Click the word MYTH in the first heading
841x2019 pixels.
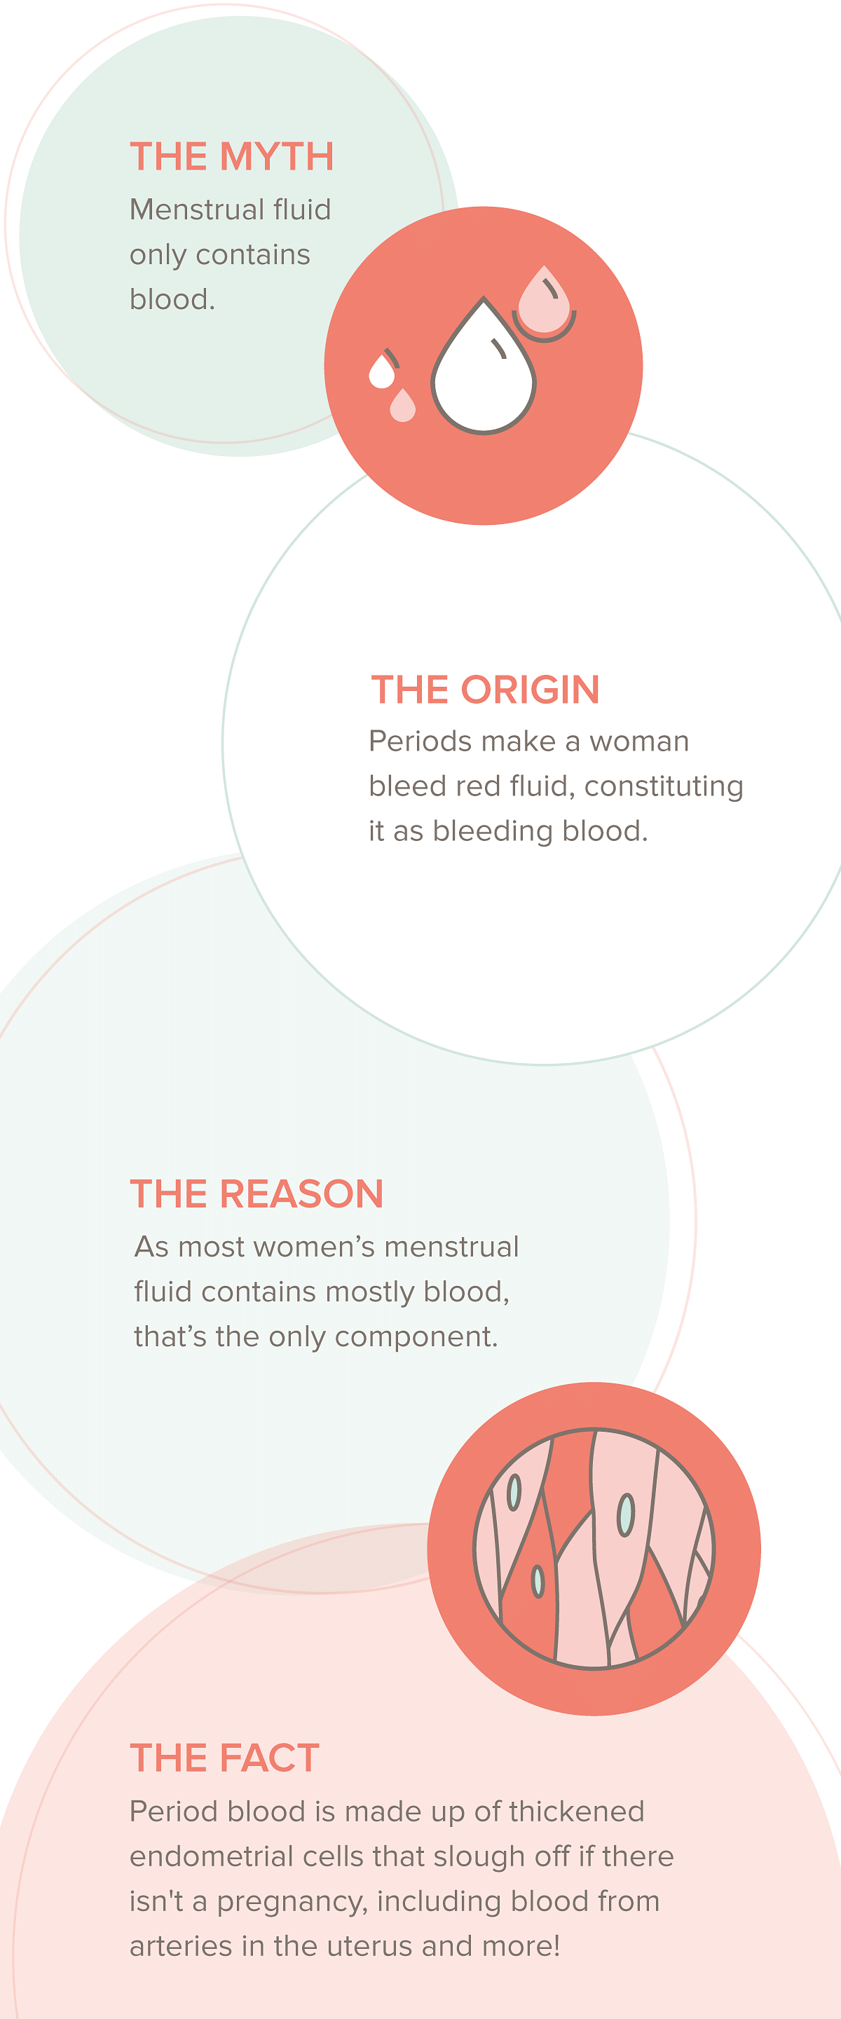[x=277, y=157]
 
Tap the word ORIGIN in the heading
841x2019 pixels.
[x=530, y=690]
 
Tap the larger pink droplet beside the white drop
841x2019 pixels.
[x=544, y=300]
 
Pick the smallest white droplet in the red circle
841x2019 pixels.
[x=382, y=371]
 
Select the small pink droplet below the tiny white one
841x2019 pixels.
[x=403, y=405]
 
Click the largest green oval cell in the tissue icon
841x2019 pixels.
[x=625, y=1515]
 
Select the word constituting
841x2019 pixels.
[x=664, y=787]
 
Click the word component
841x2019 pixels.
[x=416, y=1338]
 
